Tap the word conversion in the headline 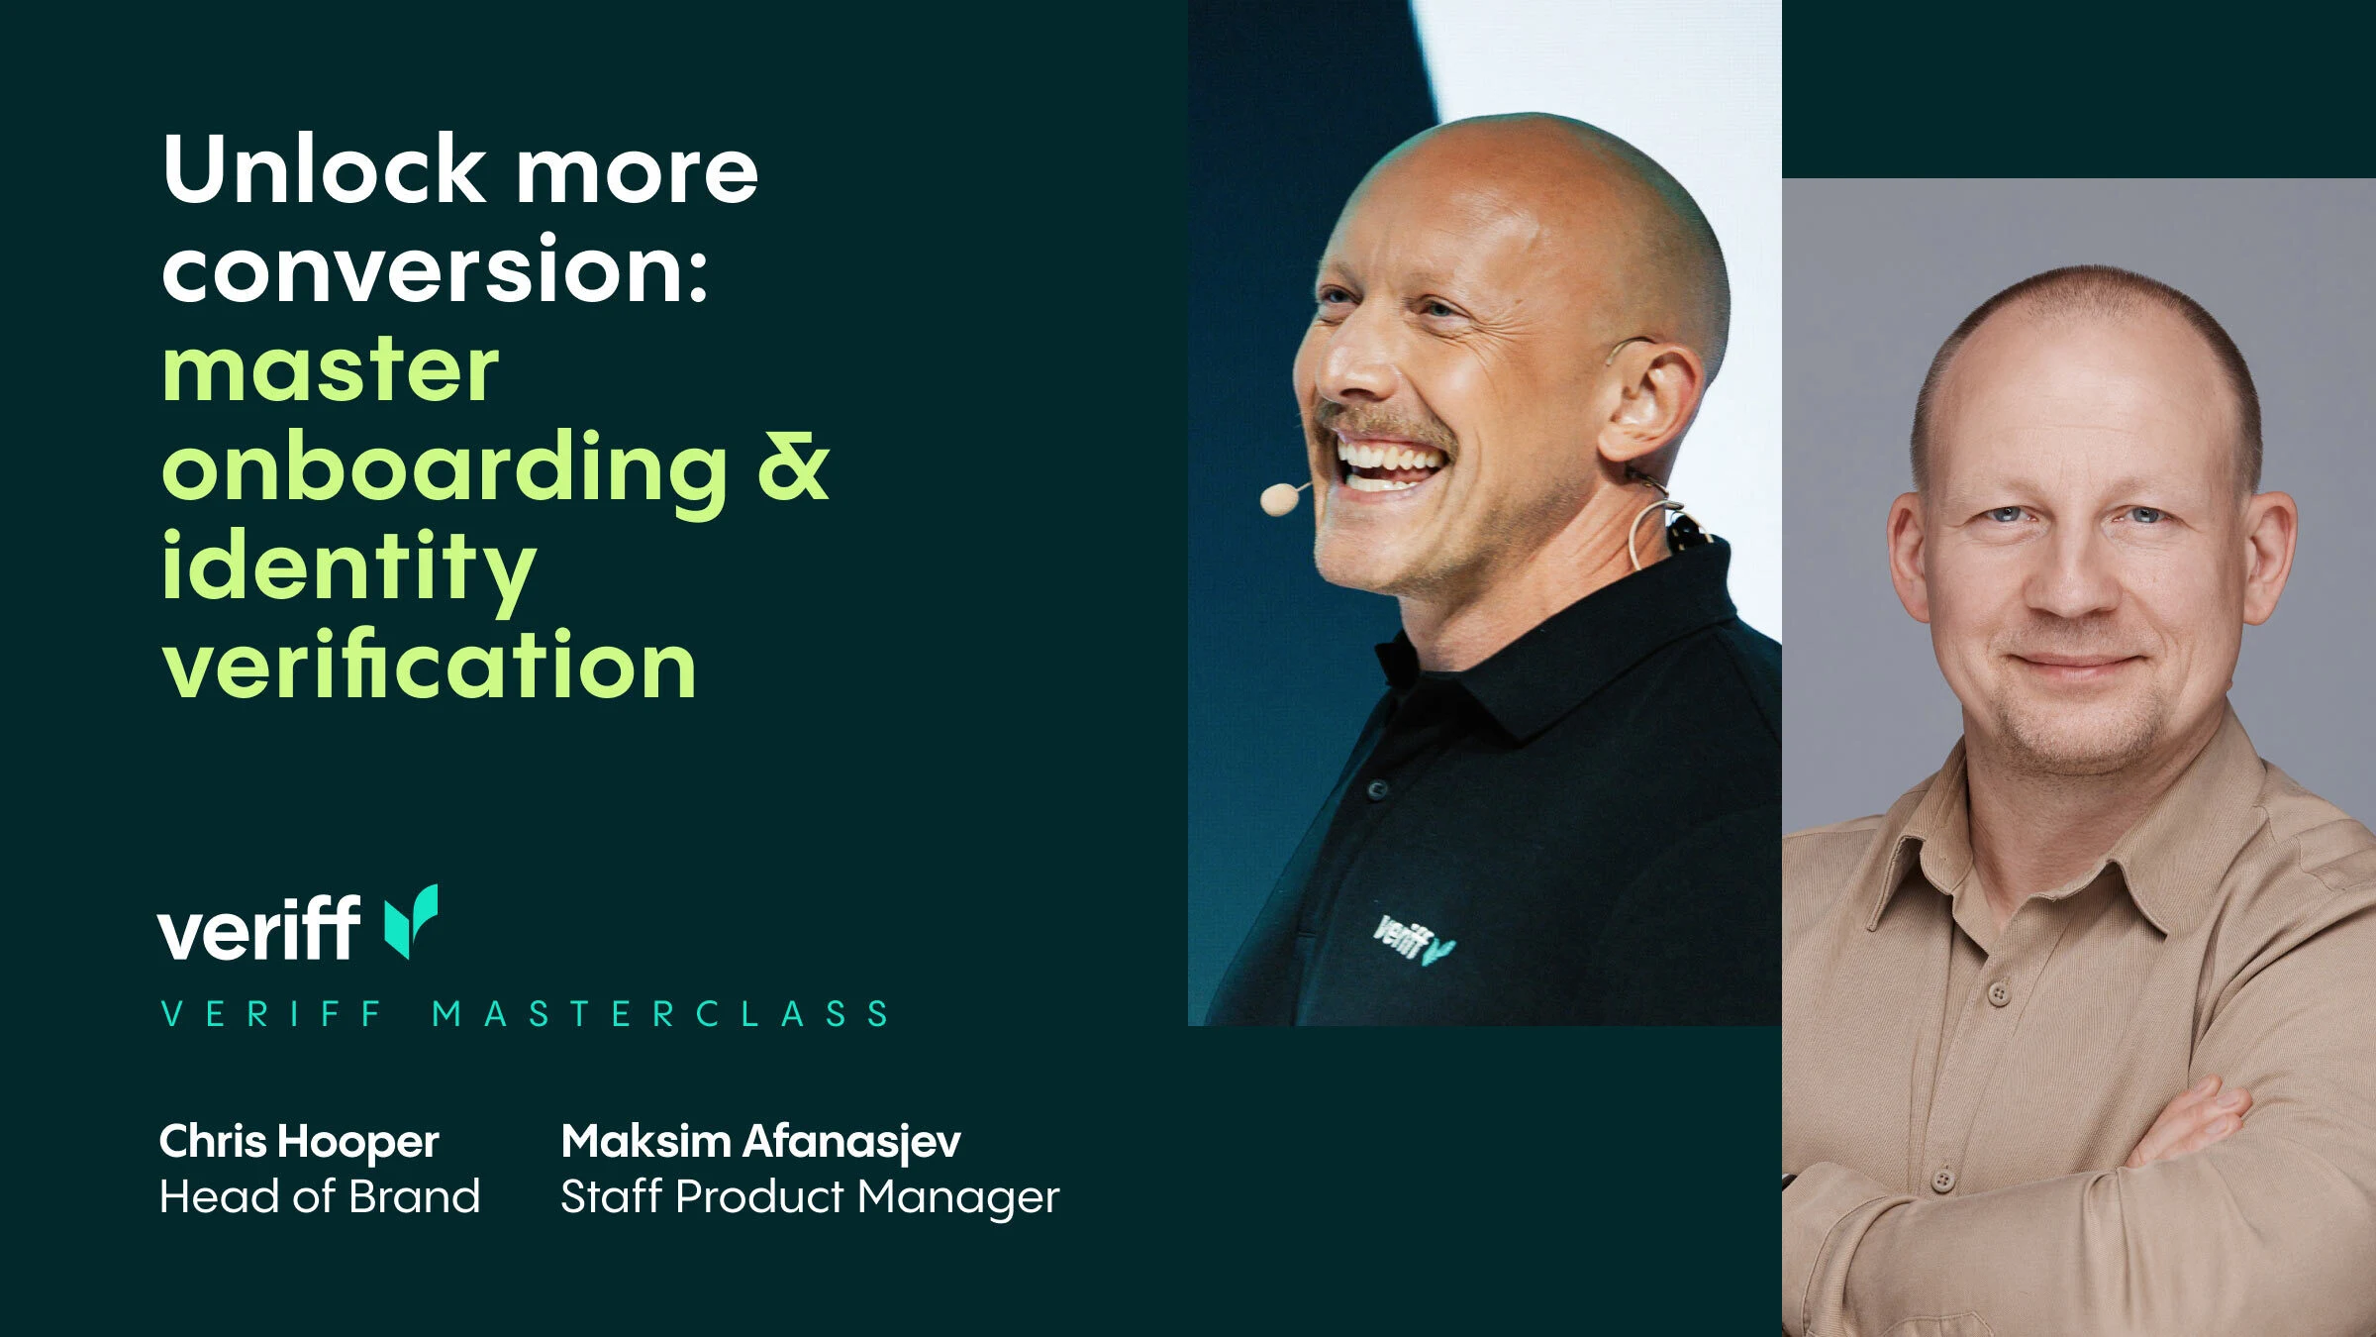click(436, 268)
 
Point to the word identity click(348, 567)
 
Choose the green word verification click(430, 664)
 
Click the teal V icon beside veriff click(411, 921)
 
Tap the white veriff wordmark click(258, 928)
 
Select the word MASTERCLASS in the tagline click(660, 1014)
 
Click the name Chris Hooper click(299, 1142)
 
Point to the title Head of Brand click(320, 1196)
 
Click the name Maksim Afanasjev click(760, 1142)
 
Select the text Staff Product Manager click(810, 1197)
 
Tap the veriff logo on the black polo click(1414, 940)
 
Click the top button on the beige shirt click(1998, 993)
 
